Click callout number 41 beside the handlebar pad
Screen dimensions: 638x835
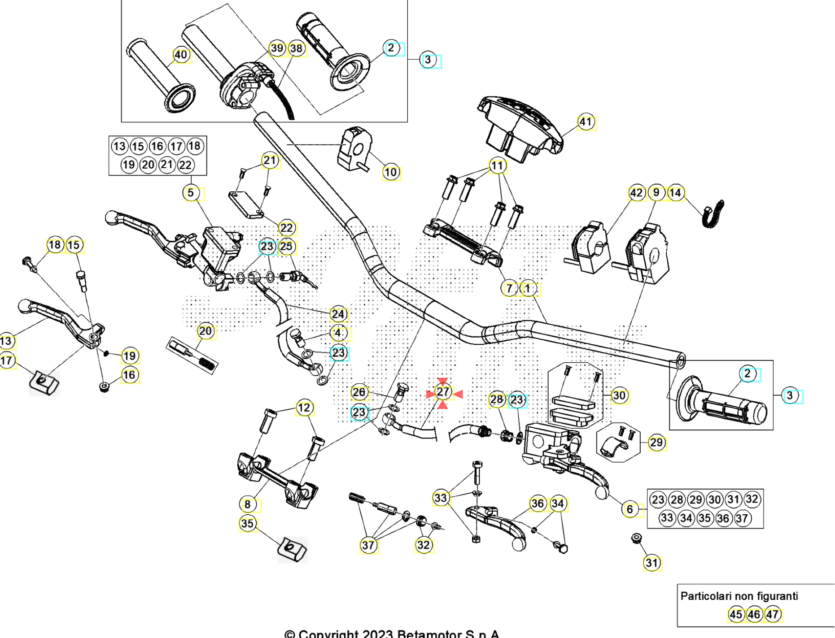click(x=586, y=122)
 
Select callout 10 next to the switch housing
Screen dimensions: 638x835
click(x=390, y=172)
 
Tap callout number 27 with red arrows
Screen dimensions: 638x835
click(x=443, y=392)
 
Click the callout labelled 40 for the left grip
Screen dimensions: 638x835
click(x=181, y=55)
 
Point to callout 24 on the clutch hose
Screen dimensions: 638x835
click(x=338, y=314)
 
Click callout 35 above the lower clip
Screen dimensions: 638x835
click(x=247, y=524)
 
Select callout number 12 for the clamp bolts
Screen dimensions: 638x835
click(x=304, y=408)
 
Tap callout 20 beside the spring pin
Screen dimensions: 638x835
click(x=205, y=331)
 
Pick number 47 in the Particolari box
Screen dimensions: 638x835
click(x=773, y=614)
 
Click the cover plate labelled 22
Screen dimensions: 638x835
click(x=246, y=205)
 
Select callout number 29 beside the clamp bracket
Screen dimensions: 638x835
click(x=656, y=443)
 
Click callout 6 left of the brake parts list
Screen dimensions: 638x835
click(x=630, y=509)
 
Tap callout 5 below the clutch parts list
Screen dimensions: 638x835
click(x=191, y=193)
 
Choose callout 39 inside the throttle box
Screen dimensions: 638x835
click(x=277, y=48)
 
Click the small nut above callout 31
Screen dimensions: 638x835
click(x=636, y=538)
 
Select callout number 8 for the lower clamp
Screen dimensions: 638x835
click(x=247, y=504)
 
